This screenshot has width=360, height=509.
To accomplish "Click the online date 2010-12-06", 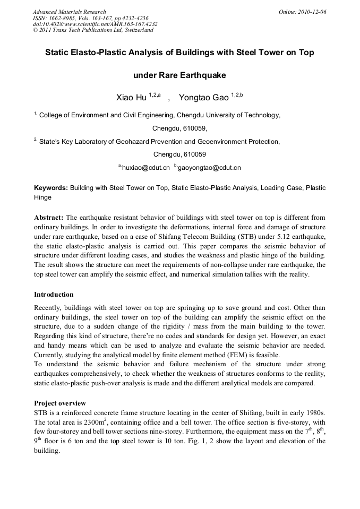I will [312, 12].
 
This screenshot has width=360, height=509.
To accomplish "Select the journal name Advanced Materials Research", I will [69, 12].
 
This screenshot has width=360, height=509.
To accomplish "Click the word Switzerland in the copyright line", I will [135, 30].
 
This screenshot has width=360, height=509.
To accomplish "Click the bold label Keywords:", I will [50, 188].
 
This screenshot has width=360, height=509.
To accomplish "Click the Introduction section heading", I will [54, 294].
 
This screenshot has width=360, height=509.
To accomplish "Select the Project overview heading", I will [59, 403].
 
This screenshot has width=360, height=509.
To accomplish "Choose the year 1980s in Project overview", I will [313, 413].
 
